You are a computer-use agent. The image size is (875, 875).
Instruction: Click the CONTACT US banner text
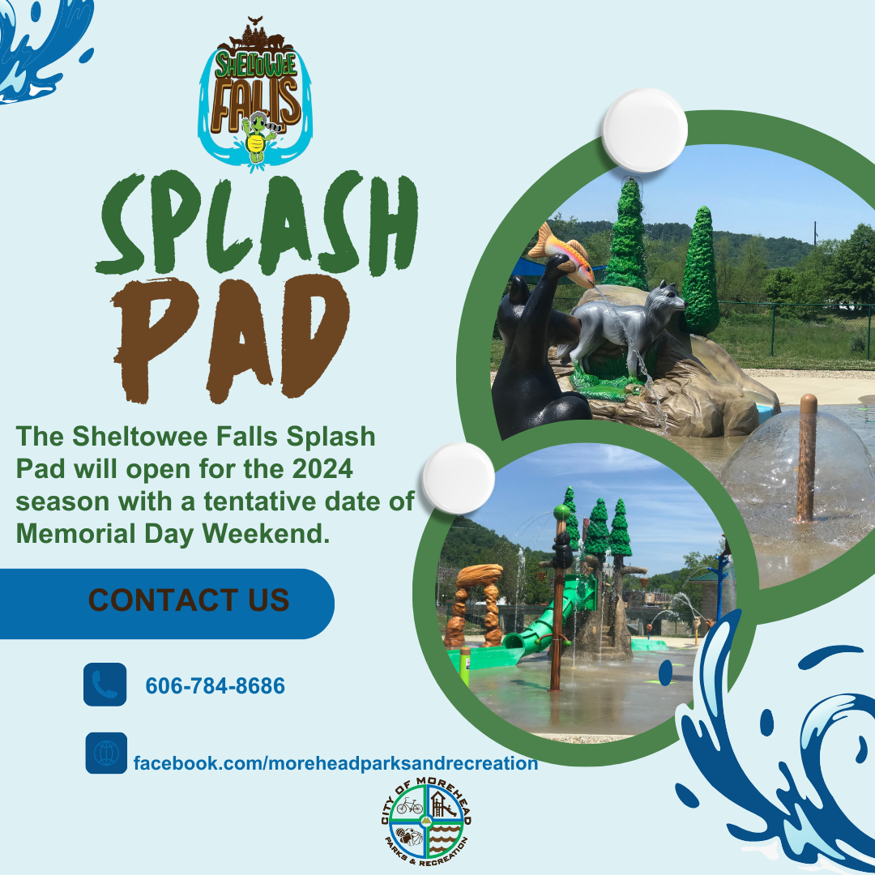pyautogui.click(x=189, y=600)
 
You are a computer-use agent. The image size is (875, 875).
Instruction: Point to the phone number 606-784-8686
pyautogui.click(x=215, y=686)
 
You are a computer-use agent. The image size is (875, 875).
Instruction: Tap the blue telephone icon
pyautogui.click(x=105, y=685)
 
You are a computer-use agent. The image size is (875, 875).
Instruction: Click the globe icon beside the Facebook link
pyautogui.click(x=106, y=753)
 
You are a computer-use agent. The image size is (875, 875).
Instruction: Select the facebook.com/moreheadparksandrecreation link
pyautogui.click(x=335, y=763)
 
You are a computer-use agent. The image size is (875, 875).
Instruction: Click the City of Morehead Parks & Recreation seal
pyautogui.click(x=426, y=820)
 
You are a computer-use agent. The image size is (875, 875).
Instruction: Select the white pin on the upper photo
pyautogui.click(x=644, y=130)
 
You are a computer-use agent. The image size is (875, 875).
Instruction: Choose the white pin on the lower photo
pyautogui.click(x=459, y=477)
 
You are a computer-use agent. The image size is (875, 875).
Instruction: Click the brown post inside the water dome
pyautogui.click(x=806, y=458)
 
